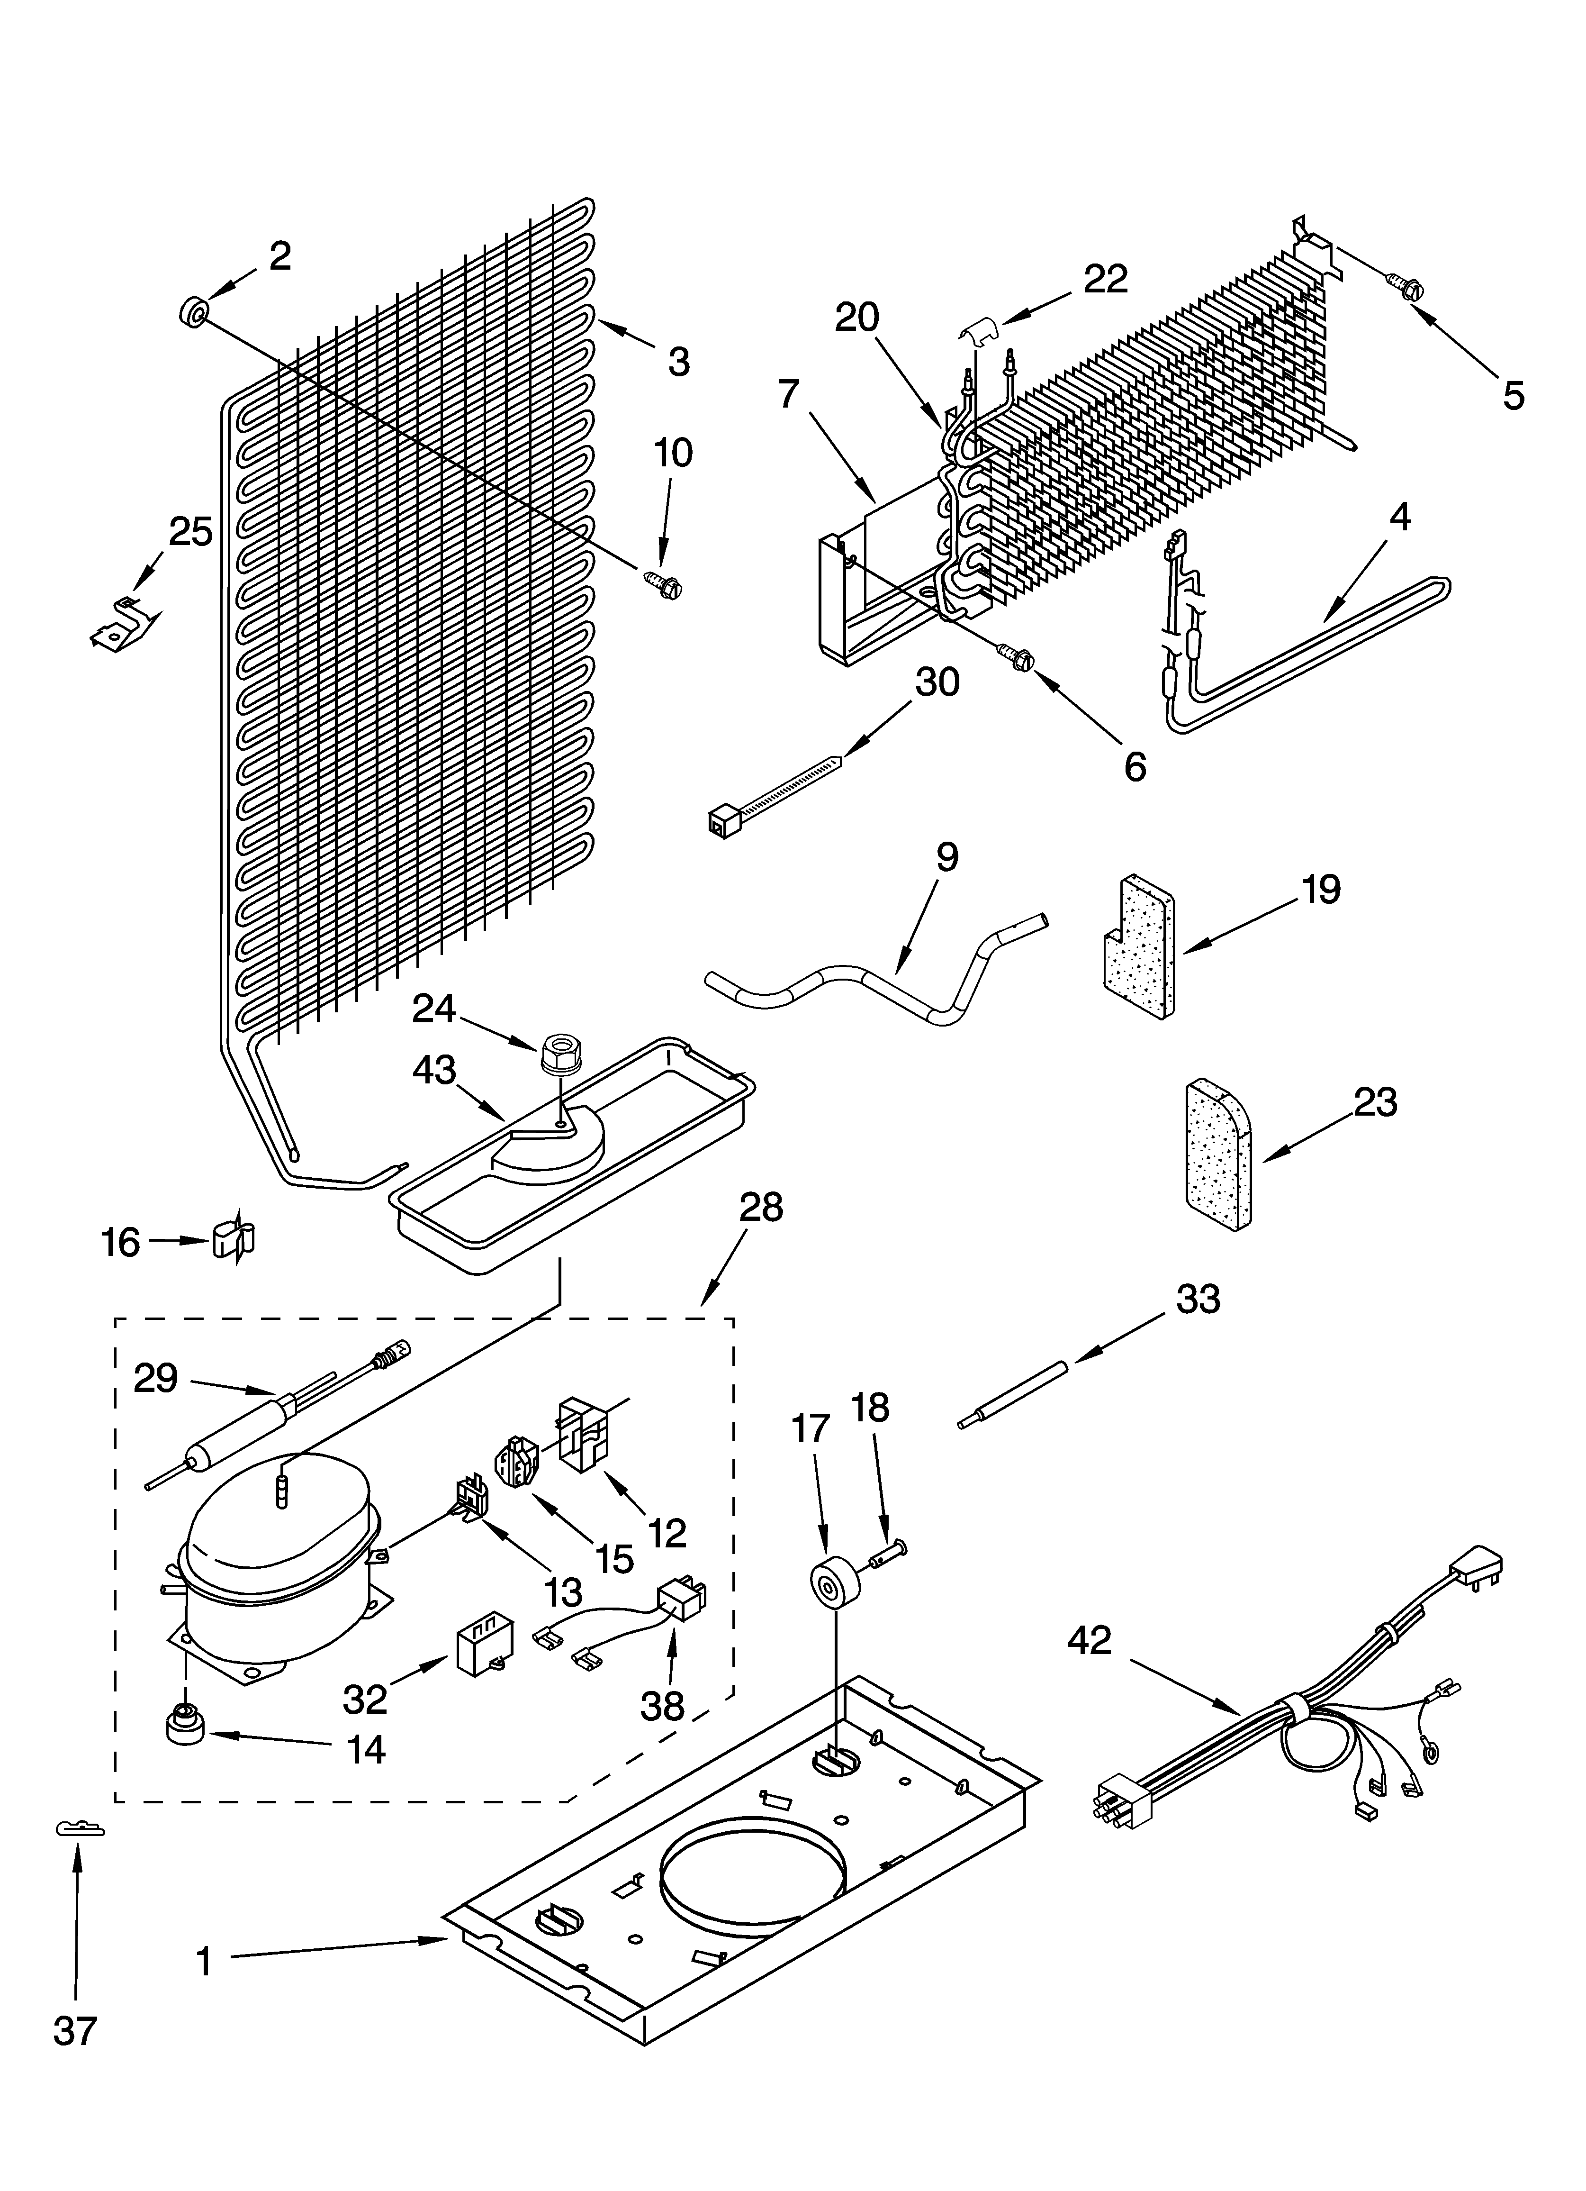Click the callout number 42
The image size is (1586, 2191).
(1090, 1640)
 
